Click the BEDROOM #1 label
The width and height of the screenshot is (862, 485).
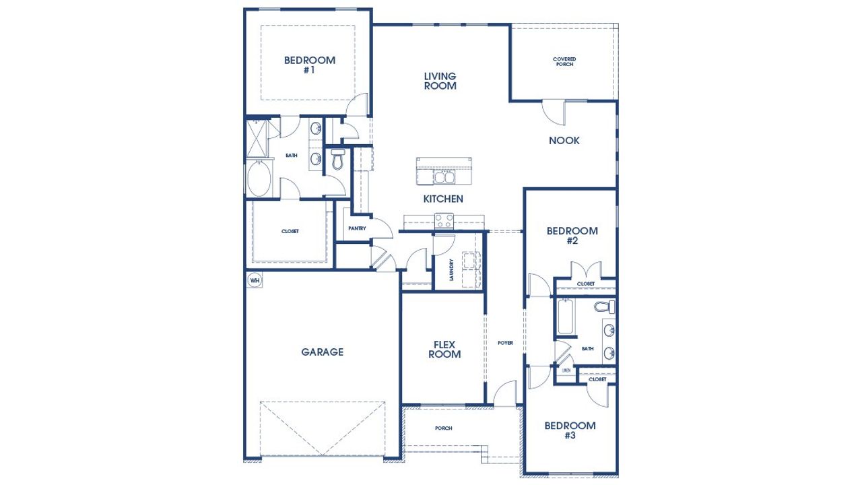(309, 65)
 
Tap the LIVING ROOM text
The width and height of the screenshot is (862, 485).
(440, 81)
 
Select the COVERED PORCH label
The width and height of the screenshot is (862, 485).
(564, 62)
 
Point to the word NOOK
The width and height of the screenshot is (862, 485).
(564, 141)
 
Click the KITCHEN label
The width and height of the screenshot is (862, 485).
(442, 199)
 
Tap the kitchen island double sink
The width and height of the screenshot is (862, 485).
(444, 177)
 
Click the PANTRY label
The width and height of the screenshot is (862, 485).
(357, 228)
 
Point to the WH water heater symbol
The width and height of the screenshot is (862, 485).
(254, 280)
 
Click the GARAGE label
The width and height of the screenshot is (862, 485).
(322, 352)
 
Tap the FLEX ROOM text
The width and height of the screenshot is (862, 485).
(444, 349)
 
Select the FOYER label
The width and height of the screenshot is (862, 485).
(505, 343)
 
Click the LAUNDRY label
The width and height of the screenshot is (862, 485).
(452, 270)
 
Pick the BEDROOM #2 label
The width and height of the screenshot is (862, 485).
(572, 235)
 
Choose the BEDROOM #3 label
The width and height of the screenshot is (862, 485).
(570, 430)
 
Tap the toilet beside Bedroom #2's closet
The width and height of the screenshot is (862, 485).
(604, 308)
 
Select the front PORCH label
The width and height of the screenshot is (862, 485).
(443, 428)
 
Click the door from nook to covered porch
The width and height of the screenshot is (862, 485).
(554, 112)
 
